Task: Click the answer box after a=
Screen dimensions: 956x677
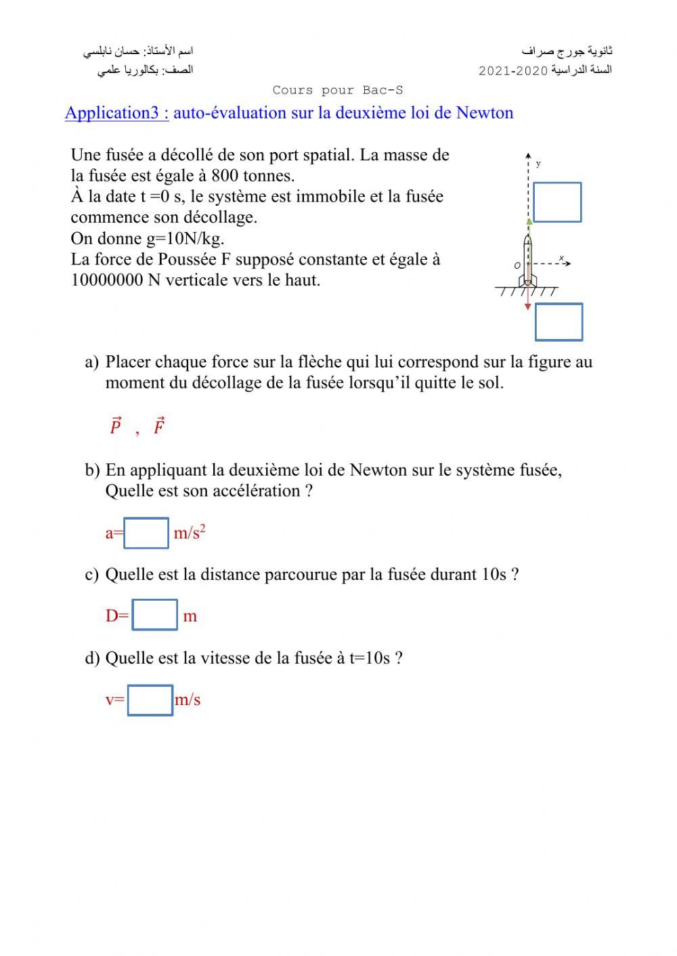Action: click(x=146, y=533)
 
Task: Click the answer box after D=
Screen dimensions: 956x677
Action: click(x=154, y=615)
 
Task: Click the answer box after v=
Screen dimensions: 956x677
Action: click(x=150, y=700)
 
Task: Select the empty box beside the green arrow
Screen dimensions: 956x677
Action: click(x=556, y=202)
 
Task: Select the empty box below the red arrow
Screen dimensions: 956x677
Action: click(x=559, y=322)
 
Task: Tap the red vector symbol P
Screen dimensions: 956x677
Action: click(x=115, y=426)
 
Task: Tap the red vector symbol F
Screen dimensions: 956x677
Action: click(x=159, y=426)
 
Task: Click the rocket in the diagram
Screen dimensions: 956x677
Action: click(x=528, y=260)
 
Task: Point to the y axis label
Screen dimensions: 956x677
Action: click(x=538, y=163)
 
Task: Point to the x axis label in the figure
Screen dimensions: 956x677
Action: click(x=561, y=258)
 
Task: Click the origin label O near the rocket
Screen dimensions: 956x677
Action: click(x=517, y=266)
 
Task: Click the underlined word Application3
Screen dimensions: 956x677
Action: click(x=116, y=113)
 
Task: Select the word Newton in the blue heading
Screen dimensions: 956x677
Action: click(x=485, y=113)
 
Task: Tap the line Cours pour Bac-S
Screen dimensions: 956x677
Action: click(x=338, y=90)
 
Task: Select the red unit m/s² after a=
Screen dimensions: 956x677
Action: click(x=189, y=533)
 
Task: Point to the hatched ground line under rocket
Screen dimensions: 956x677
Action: click(x=527, y=291)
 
